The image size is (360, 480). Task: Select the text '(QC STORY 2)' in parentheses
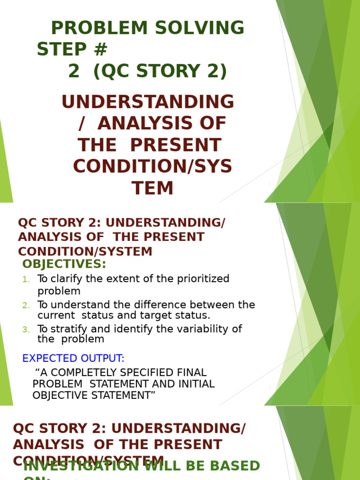pos(160,71)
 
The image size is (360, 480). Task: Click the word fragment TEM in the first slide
pos(152,188)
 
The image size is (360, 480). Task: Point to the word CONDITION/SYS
pos(152,167)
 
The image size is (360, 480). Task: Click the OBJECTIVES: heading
pos(64,264)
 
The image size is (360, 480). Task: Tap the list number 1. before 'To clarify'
pos(26,280)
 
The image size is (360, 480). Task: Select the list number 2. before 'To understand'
pos(26,306)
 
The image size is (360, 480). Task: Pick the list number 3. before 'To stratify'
pos(26,330)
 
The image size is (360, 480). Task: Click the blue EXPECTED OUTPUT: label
pos(73,359)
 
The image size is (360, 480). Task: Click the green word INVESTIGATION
pos(81,466)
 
